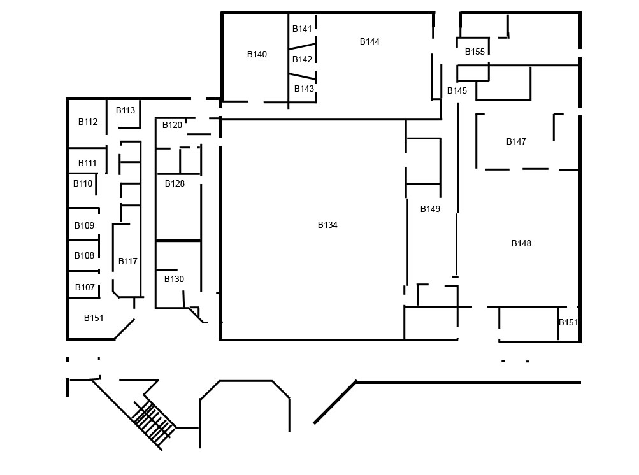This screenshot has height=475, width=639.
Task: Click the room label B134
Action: (327, 225)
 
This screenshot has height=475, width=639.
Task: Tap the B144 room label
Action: (370, 41)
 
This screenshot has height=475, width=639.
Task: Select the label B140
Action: (257, 54)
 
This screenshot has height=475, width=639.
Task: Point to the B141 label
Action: (302, 29)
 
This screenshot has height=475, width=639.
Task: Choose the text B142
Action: (303, 59)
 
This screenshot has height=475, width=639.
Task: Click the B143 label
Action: (304, 89)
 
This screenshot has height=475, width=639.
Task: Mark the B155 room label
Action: (475, 52)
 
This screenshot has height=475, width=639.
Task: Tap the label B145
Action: (457, 90)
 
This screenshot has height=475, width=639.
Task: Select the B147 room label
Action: (516, 141)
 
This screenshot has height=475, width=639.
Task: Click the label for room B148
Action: (521, 243)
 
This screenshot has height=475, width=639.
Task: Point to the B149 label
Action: (430, 209)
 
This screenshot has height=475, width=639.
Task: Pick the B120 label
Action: (172, 125)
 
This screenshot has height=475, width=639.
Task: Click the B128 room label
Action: (175, 183)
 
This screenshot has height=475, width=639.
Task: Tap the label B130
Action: (174, 279)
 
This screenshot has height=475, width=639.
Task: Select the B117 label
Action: (128, 261)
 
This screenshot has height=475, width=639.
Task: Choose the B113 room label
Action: (126, 110)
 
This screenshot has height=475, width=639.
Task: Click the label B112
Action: (88, 122)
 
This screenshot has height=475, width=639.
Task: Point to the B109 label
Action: (84, 225)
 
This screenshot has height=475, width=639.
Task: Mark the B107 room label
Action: (85, 287)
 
